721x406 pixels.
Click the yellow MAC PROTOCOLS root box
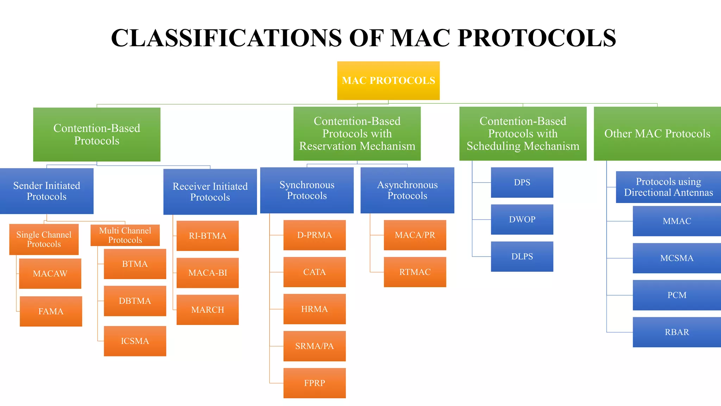pos(388,80)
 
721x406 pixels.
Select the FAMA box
pos(51,311)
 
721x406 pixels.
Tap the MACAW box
pos(50,273)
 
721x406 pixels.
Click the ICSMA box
pos(135,341)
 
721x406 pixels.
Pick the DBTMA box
pos(135,301)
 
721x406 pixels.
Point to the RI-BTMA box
pos(207,236)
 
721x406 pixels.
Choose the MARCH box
pos(207,309)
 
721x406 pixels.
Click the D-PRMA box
pos(314,235)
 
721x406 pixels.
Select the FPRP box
pos(314,383)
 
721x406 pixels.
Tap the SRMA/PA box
pos(314,346)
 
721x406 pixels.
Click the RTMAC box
pos(415,272)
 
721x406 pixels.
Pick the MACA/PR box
pos(415,235)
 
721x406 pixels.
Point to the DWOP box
pos(522,219)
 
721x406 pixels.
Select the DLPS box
pos(522,256)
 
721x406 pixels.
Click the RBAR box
pos(676,332)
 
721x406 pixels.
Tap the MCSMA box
pos(676,258)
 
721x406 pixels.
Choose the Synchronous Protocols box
pos(307,190)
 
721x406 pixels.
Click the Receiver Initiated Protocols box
pos(210,191)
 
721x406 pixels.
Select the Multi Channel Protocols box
pos(125,235)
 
